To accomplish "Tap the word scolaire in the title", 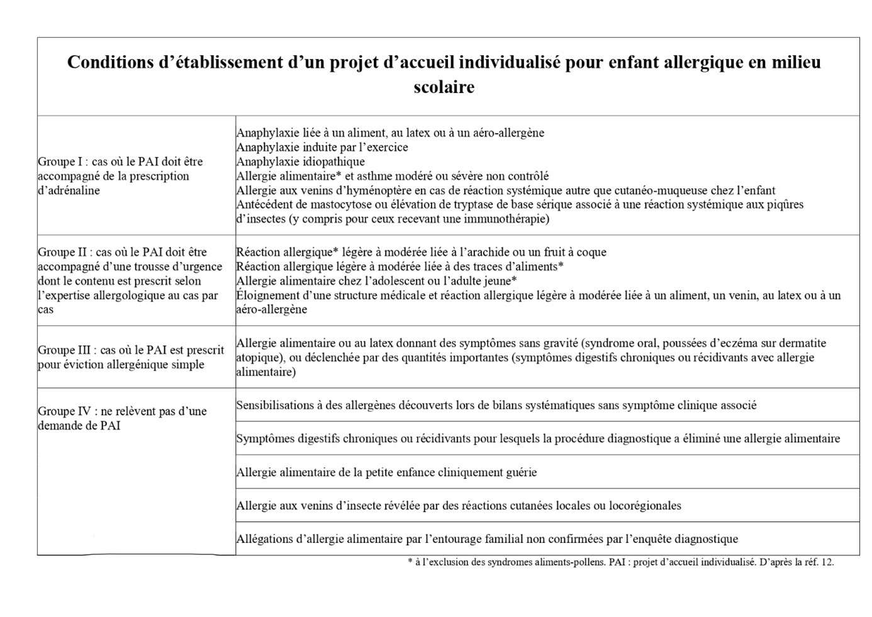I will tap(444, 87).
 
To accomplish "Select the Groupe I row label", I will tap(120, 175).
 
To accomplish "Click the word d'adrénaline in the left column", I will tap(69, 190).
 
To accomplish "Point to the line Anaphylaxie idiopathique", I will tap(300, 162).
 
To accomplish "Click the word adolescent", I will tap(393, 281).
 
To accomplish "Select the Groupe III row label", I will tap(130, 357).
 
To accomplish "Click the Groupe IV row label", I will tap(122, 418).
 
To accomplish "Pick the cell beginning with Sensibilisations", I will tap(496, 406).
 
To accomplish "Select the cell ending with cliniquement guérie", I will tap(386, 472).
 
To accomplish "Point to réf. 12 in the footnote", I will tap(819, 562).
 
